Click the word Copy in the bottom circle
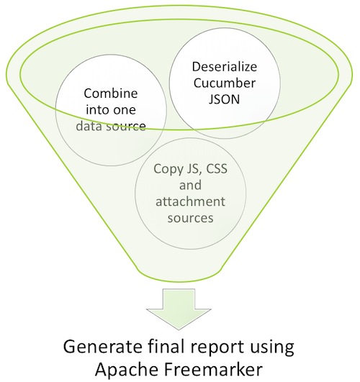(171, 170)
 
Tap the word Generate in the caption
(99, 347)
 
